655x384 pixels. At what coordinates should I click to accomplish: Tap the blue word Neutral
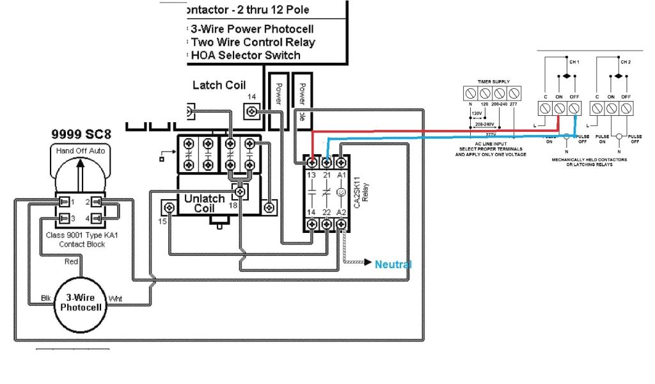pos(393,264)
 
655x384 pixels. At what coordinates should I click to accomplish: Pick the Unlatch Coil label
pos(204,204)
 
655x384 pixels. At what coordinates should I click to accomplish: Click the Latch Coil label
pos(219,85)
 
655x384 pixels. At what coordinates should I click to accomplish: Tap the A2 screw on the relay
pos(342,224)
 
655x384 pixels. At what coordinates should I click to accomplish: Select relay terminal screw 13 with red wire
pos(312,163)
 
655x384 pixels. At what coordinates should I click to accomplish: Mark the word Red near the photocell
pos(72,261)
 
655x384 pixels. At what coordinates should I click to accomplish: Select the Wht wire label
pos(116,298)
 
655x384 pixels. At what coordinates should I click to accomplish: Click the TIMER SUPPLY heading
pos(493,82)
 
